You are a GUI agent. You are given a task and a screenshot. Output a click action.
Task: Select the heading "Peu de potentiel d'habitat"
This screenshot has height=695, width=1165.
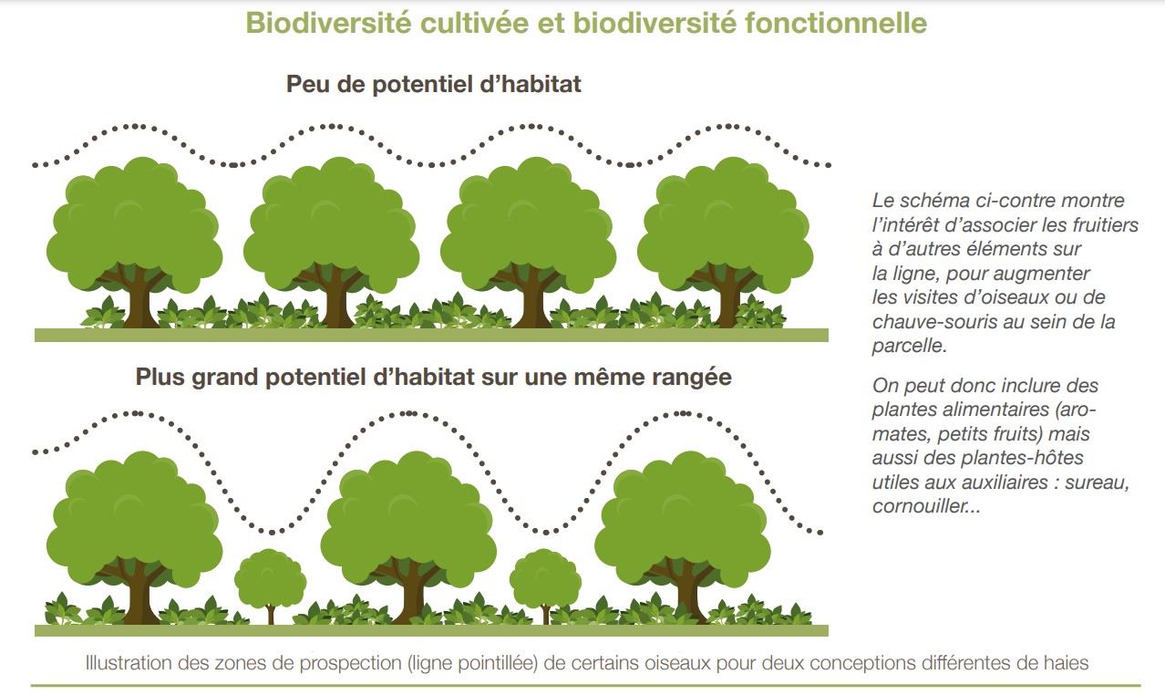[433, 84]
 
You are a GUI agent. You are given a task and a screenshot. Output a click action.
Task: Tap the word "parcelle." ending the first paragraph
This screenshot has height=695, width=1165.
[910, 346]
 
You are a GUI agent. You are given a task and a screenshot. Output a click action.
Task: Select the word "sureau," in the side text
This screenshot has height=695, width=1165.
[1097, 482]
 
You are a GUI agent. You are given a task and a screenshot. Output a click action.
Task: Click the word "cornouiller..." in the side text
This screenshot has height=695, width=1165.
[926, 506]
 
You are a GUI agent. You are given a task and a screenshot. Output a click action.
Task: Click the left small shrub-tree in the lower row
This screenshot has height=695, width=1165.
[271, 586]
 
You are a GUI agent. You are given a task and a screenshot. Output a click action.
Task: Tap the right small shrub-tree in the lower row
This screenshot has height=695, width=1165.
[545, 586]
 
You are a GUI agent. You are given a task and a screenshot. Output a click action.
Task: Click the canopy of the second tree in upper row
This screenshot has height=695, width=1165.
[331, 223]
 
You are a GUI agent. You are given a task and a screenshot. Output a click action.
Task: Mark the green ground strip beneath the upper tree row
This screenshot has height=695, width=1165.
[432, 335]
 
